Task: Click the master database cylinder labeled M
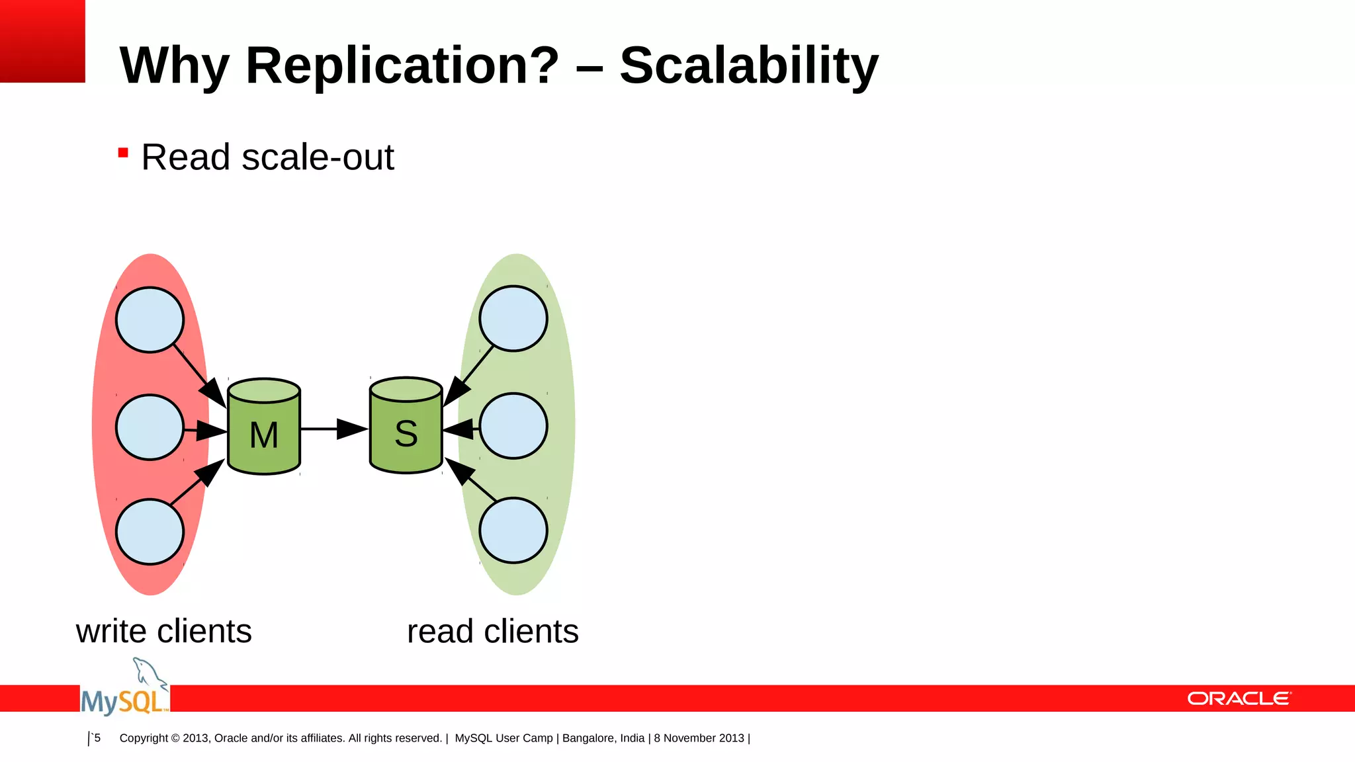coord(263,427)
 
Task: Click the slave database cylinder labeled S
coord(406,427)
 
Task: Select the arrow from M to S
coord(334,429)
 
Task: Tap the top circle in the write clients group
coord(150,319)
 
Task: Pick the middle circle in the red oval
coord(150,427)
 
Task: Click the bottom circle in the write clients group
coord(150,532)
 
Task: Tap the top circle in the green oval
coord(513,318)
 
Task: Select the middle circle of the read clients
coord(513,426)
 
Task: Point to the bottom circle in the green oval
coord(513,530)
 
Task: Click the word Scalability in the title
coord(748,66)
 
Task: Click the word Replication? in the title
coord(402,66)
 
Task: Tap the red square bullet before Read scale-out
coord(122,153)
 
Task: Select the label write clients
coord(163,631)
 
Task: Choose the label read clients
coord(492,631)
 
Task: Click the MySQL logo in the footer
coord(125,691)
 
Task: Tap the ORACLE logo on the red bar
coord(1239,698)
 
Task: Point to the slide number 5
coord(97,738)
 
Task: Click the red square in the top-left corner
coord(42,41)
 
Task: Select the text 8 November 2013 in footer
coord(699,738)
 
